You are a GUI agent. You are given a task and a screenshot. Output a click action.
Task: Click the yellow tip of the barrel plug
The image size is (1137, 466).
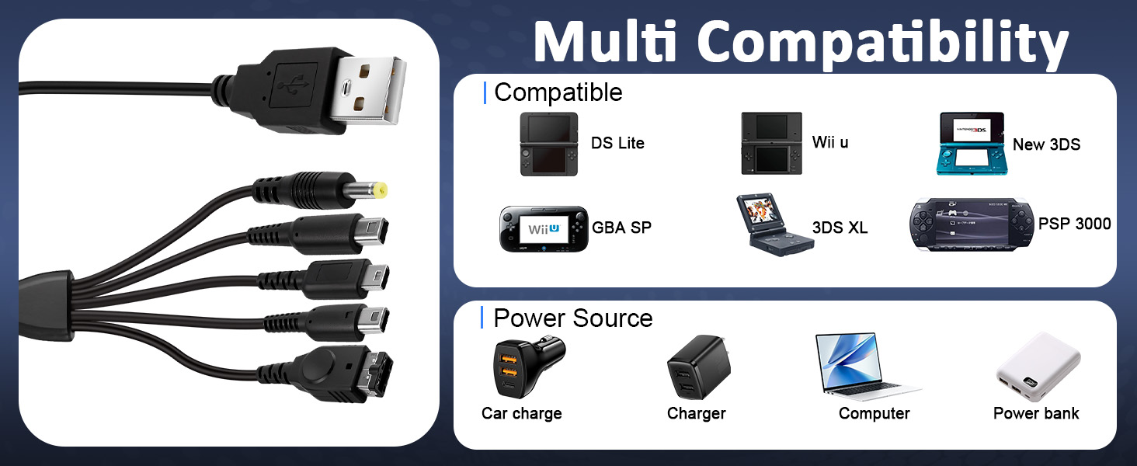click(380, 191)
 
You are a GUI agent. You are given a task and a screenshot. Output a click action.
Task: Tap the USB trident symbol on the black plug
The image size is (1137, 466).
click(294, 85)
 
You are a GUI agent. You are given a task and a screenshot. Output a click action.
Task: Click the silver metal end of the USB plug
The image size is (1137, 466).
click(369, 90)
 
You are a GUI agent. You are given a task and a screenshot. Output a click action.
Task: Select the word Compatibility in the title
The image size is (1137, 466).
click(883, 44)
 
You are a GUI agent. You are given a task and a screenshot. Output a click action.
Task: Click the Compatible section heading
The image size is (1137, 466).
click(558, 92)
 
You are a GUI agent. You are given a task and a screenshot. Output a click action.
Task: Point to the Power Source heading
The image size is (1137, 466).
click(573, 318)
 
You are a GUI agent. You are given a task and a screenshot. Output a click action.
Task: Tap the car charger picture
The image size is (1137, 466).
click(528, 367)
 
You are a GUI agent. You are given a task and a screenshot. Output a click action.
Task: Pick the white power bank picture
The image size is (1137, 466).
click(1038, 367)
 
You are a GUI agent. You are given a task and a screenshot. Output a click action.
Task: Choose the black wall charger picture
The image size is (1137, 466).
click(698, 367)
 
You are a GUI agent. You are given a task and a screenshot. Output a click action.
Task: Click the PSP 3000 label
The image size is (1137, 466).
click(1075, 224)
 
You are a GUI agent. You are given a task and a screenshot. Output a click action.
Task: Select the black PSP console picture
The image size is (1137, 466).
click(972, 225)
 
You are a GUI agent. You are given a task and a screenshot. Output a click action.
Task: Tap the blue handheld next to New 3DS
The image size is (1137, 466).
click(972, 144)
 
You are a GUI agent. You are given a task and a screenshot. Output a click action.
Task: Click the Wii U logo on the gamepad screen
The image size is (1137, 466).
click(544, 229)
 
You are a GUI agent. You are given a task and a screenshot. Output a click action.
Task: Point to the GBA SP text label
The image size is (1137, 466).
click(621, 228)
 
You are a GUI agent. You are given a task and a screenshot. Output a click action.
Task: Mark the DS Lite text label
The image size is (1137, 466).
click(617, 143)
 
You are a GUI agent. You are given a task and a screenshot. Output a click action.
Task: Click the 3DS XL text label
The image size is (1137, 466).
click(840, 228)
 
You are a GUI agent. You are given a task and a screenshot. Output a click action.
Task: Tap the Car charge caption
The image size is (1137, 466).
click(522, 413)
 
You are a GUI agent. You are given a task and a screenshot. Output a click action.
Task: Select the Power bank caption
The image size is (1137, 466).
click(1036, 413)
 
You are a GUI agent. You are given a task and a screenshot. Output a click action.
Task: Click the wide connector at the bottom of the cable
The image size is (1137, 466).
click(345, 373)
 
